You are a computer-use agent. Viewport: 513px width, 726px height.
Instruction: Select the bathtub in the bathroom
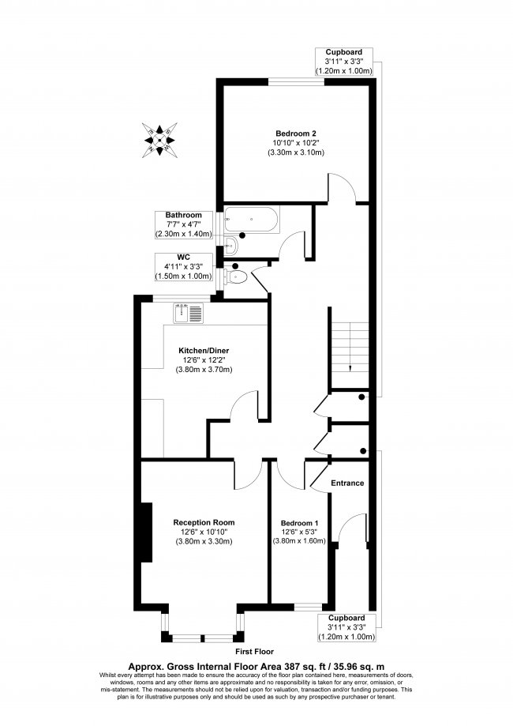[250, 220]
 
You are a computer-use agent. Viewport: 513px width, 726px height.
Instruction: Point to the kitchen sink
[189, 314]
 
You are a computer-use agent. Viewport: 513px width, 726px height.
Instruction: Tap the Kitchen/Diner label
[204, 350]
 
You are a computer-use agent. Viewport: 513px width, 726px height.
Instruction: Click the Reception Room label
[204, 522]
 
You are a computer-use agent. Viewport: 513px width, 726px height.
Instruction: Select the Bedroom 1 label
[299, 523]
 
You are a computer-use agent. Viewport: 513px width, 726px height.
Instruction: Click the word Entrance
[347, 483]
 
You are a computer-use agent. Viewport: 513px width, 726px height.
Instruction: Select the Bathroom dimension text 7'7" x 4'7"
[183, 225]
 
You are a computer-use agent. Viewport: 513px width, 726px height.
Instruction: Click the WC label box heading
[183, 257]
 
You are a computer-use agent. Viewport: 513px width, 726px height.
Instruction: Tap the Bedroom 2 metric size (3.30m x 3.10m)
[296, 152]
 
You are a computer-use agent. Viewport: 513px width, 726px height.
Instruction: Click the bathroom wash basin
[229, 245]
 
